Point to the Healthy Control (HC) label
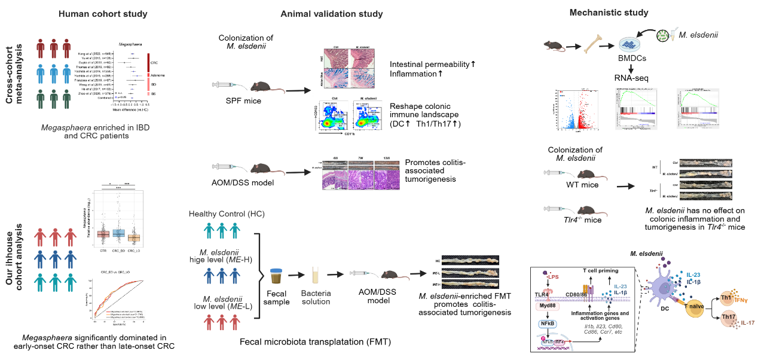(227, 214)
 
